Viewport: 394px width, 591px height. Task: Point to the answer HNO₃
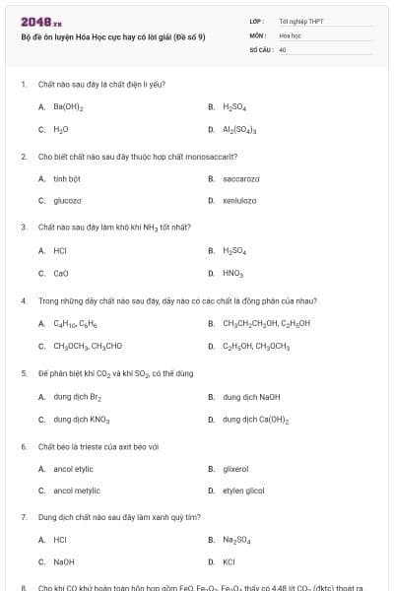coord(232,273)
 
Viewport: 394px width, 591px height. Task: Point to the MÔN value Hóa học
coord(290,33)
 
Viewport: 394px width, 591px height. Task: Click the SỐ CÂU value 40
coord(283,48)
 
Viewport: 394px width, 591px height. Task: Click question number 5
coord(24,374)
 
